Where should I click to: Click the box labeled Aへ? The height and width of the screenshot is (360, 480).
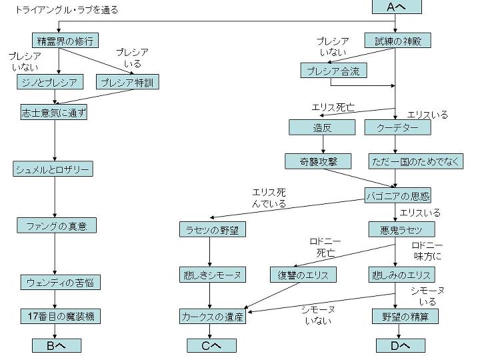click(397, 7)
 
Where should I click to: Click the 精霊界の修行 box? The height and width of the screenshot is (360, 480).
click(64, 41)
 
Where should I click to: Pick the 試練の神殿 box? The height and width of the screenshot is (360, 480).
click(397, 41)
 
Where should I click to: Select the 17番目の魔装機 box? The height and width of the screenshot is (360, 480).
click(59, 315)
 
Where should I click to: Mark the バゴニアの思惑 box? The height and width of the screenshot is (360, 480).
click(397, 195)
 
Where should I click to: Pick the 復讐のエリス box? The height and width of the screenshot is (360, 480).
click(303, 274)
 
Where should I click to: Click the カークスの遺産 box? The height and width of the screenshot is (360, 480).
click(213, 316)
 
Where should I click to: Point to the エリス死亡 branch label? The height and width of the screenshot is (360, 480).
click(333, 107)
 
